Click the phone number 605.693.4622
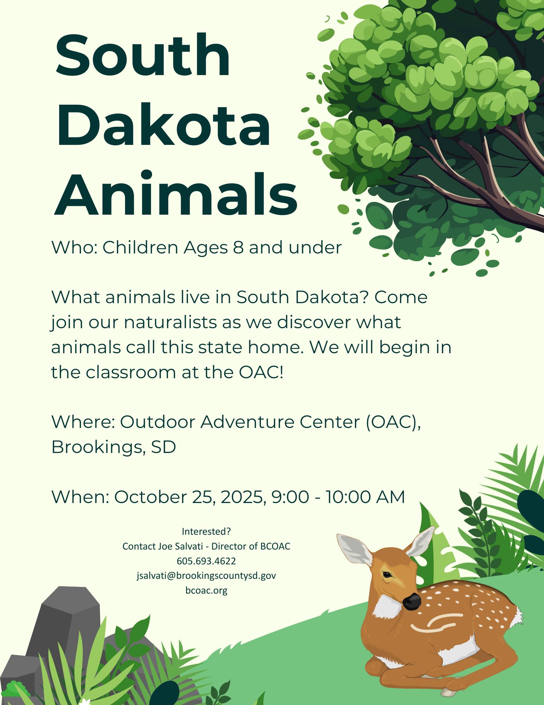pyautogui.click(x=206, y=561)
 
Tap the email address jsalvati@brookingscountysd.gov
pyautogui.click(x=206, y=576)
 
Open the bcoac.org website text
pyautogui.click(x=206, y=590)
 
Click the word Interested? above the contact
pyautogui.click(x=206, y=531)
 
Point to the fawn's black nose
pyautogui.click(x=412, y=601)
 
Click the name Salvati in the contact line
pyautogui.click(x=187, y=546)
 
